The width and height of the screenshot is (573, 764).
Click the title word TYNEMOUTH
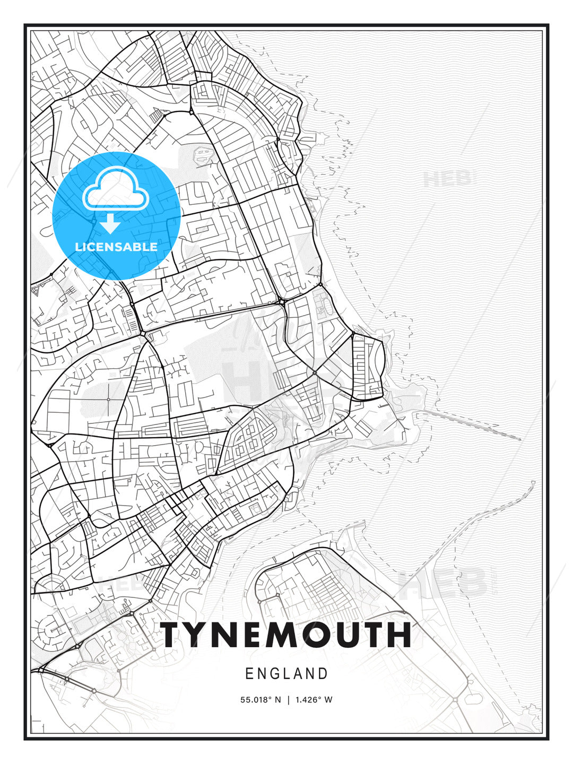click(286, 635)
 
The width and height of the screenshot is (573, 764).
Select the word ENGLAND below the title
click(286, 674)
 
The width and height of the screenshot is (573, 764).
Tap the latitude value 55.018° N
click(261, 700)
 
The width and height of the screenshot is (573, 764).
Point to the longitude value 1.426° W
click(314, 700)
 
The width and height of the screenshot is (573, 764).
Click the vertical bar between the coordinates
click(288, 700)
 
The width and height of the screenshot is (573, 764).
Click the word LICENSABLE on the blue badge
click(116, 247)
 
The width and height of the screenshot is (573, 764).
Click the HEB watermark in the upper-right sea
click(447, 179)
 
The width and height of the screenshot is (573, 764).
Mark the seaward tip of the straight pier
click(520, 439)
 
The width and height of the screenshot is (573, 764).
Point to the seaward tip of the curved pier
click(533, 482)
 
